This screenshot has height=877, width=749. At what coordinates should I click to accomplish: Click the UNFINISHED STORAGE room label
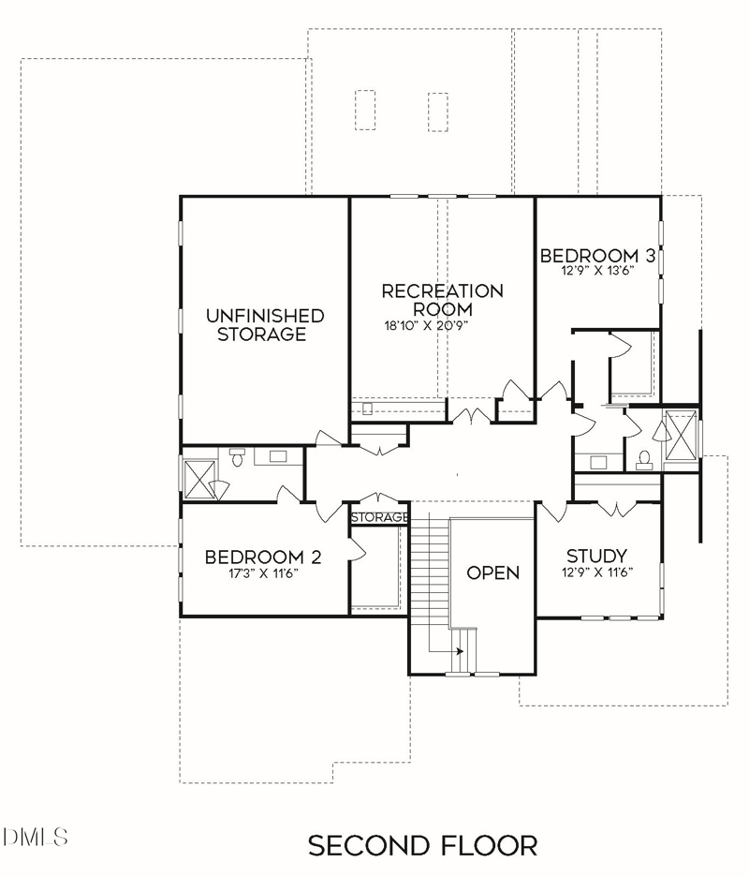264,325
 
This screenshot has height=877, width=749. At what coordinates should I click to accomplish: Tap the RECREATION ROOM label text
442,300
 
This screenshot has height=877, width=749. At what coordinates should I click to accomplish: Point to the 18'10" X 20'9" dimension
425,325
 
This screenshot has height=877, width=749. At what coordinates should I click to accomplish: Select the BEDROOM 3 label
597,256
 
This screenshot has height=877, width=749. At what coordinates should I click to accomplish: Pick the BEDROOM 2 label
263,557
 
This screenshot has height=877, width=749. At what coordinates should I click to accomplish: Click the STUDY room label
596,556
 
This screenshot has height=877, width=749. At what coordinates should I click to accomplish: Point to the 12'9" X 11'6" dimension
597,572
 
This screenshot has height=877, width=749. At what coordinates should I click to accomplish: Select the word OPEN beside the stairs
493,572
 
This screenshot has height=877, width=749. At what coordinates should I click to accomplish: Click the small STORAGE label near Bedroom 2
379,517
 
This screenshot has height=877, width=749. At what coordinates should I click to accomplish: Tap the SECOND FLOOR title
422,846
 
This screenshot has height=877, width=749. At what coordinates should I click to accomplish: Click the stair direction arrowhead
460,651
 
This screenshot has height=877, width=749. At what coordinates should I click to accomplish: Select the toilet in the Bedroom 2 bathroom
237,456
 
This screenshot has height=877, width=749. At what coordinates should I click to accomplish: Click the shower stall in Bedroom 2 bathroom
199,479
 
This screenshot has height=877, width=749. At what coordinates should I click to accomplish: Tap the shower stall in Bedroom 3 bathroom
681,435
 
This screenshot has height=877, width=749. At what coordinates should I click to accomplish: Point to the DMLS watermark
35,837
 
